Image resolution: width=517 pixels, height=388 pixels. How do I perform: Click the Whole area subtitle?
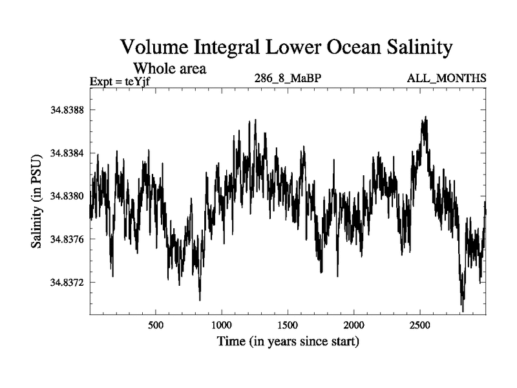coord(169,68)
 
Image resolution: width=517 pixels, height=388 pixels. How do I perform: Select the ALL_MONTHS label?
coord(446,79)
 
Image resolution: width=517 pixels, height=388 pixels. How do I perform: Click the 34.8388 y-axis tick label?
coord(67,110)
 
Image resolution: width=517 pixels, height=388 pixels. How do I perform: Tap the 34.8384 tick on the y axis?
coord(67,153)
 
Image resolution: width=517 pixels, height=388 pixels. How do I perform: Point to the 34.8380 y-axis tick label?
coord(67,197)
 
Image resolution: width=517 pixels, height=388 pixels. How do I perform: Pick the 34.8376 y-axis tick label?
coord(67,240)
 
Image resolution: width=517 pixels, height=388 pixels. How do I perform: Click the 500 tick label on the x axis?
coord(156,324)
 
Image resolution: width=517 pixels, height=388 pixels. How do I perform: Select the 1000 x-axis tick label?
coord(222,324)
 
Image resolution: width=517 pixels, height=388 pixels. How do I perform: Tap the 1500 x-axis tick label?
coord(288,324)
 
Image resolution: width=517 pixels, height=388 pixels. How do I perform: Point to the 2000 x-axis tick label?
coord(354,324)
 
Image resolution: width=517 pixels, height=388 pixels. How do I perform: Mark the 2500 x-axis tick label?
coord(420,324)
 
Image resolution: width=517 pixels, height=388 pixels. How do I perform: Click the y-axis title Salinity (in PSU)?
coord(37,200)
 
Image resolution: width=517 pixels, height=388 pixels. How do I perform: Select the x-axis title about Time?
coord(288,341)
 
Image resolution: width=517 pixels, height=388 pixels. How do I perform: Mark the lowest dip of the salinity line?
coord(463,311)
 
